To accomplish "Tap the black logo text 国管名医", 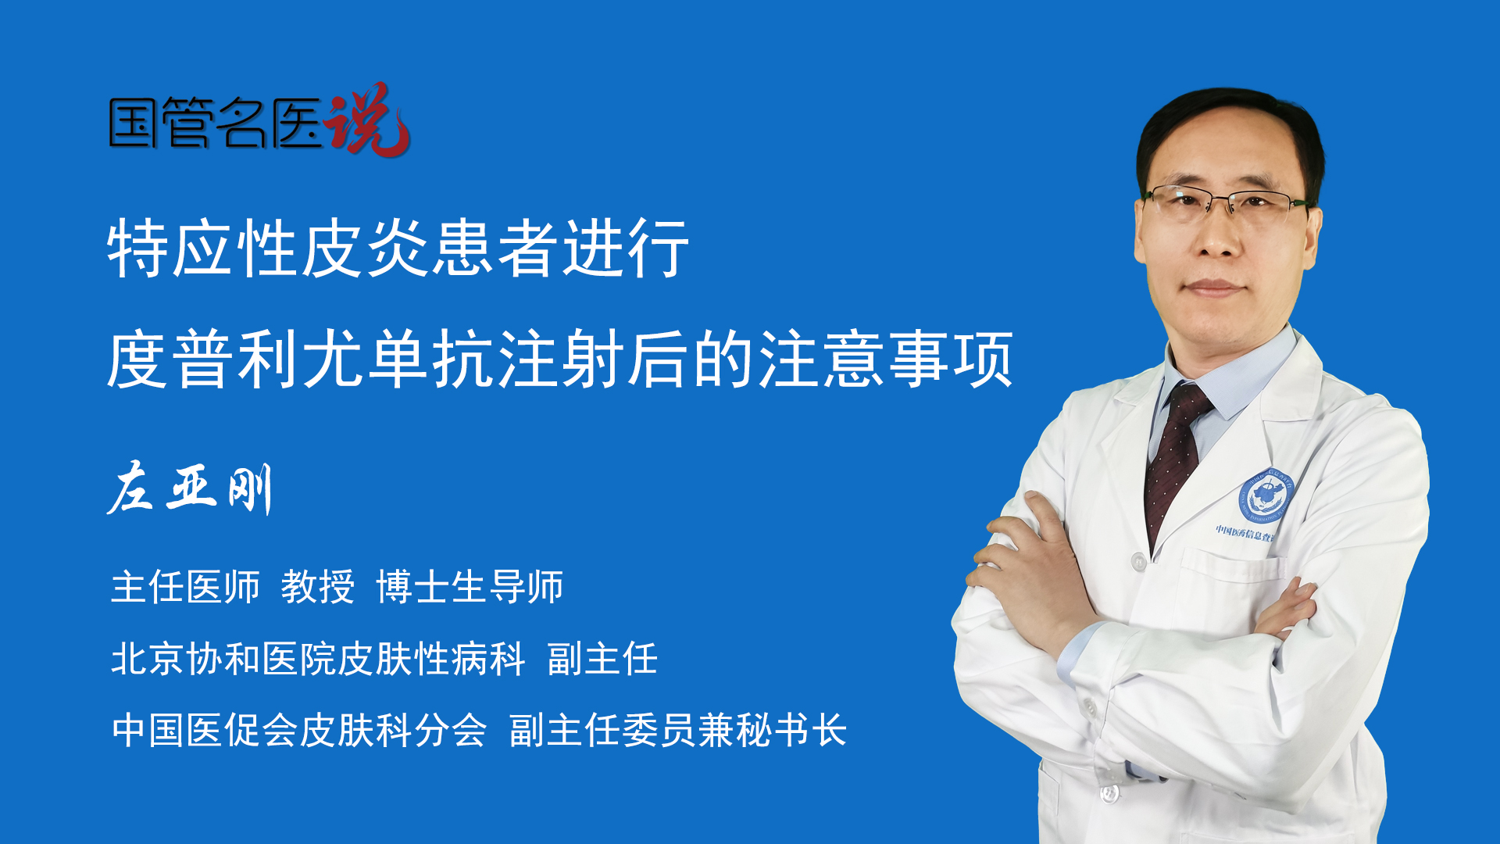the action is click(216, 123).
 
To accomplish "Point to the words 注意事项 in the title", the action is click(886, 359).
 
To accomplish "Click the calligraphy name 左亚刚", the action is click(190, 488).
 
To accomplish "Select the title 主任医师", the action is click(185, 587).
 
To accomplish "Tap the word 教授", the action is click(318, 587).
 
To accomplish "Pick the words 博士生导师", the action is click(470, 587).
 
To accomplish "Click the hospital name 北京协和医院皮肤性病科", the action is click(318, 659).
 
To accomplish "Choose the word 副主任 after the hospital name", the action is click(602, 659).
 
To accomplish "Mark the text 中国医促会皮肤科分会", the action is click(299, 731).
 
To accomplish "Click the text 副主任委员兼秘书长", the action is click(678, 731).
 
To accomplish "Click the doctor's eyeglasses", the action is click(1227, 202).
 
